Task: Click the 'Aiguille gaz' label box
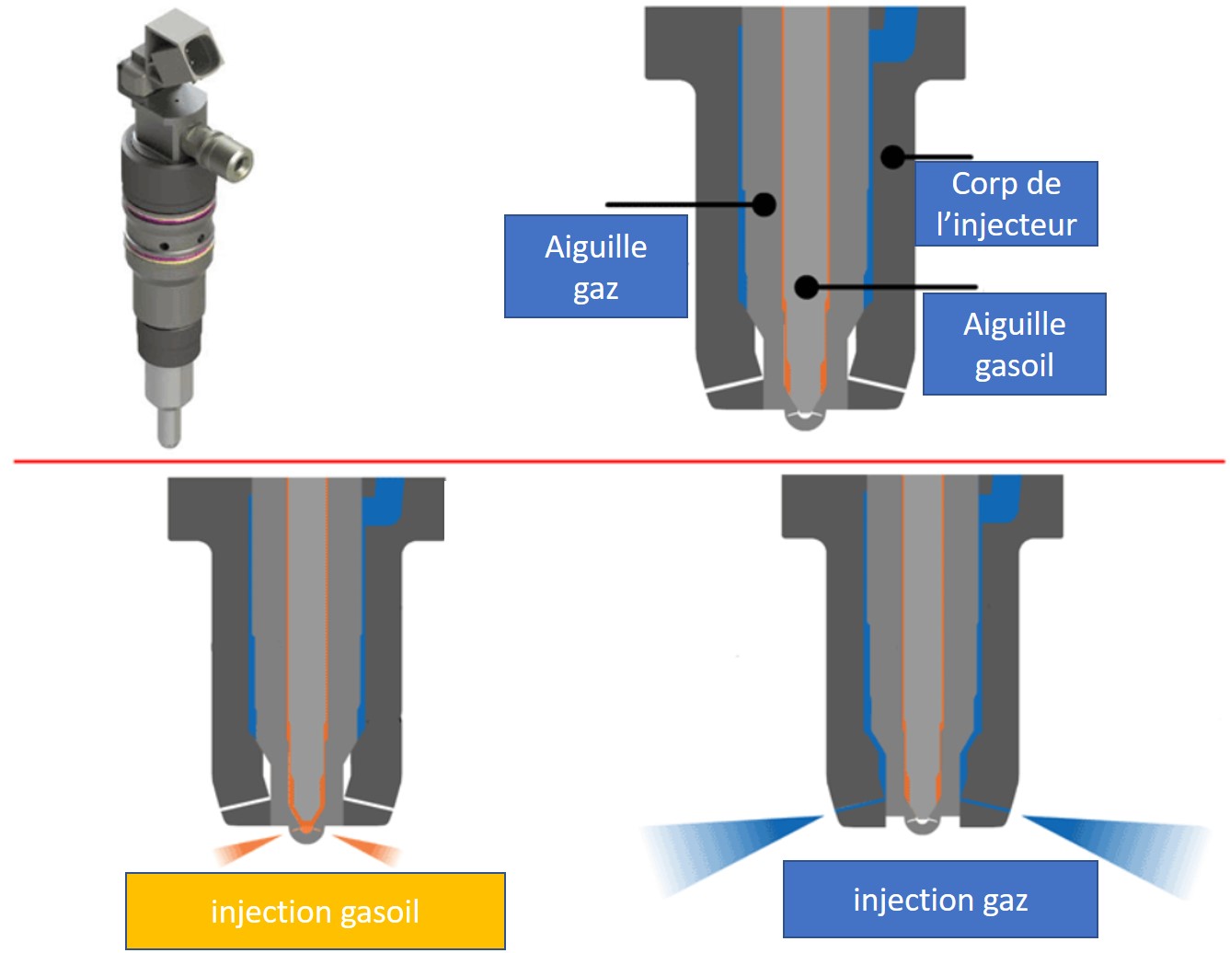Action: coord(595,267)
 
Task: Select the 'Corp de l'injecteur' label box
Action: coord(1006,203)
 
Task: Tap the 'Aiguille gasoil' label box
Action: coord(1014,344)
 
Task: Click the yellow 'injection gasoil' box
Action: coord(316,911)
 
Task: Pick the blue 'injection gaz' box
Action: coord(940,899)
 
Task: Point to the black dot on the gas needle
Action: coord(764,203)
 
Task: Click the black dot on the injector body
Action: coord(892,156)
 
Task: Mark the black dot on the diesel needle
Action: coord(806,287)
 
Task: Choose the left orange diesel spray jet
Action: coord(247,849)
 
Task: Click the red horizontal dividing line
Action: coord(616,461)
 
